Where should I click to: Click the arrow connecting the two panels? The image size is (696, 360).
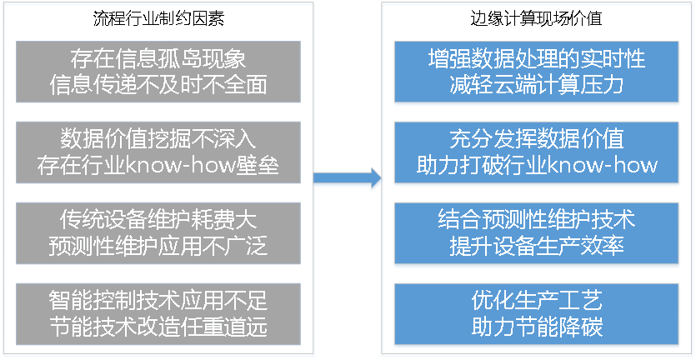pos(346,177)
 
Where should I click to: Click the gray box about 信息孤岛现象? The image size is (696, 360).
pos(158,72)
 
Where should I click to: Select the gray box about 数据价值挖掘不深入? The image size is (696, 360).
pos(158,152)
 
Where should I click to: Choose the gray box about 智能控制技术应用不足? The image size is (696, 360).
pos(158,312)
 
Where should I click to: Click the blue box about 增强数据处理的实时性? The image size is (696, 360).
pos(537,72)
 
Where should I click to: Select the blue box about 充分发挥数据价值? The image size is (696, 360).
pos(537,152)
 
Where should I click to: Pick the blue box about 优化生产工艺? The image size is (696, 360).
pos(537,312)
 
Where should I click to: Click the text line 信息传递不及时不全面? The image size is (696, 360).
pos(158,85)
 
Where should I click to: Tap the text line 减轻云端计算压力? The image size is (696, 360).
pos(537,85)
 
